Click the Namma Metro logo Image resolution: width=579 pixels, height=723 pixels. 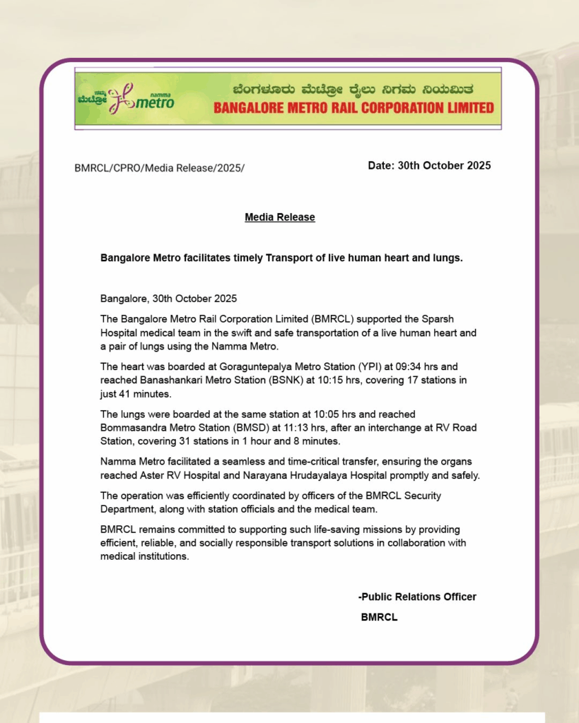pos(126,98)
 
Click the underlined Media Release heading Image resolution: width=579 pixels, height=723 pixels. pos(280,217)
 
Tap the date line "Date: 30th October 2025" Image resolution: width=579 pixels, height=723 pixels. pos(429,165)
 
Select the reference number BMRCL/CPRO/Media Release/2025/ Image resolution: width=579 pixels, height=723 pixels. pos(159,168)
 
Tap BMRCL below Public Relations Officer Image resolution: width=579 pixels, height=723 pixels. pos(379,616)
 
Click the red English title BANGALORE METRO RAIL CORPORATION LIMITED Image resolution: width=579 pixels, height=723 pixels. pos(353,108)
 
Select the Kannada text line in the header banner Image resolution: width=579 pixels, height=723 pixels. pos(353,90)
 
